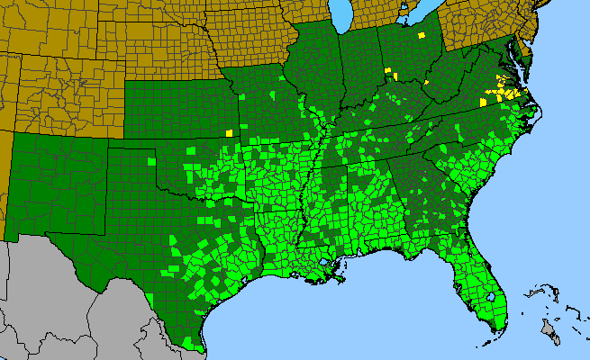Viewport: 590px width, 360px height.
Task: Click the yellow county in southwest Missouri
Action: click(x=229, y=132)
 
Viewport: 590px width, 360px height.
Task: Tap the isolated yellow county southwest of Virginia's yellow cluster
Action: click(x=482, y=103)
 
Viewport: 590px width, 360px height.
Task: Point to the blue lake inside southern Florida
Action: click(x=495, y=293)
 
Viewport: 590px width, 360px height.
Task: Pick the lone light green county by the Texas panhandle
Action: click(x=150, y=162)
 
